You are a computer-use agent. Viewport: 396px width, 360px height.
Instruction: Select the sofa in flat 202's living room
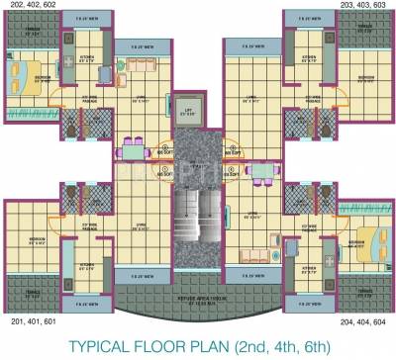coord(133,65)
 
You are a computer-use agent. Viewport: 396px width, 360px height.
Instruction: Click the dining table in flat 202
coord(133,153)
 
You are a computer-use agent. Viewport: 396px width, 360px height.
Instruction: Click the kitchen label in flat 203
coord(310,57)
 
